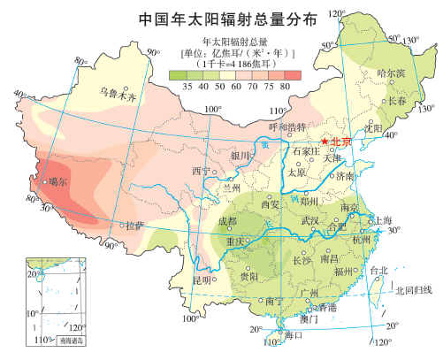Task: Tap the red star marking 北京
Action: (325, 142)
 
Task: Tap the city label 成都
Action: (227, 221)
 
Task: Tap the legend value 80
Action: (284, 86)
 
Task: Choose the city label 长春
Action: (399, 102)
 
